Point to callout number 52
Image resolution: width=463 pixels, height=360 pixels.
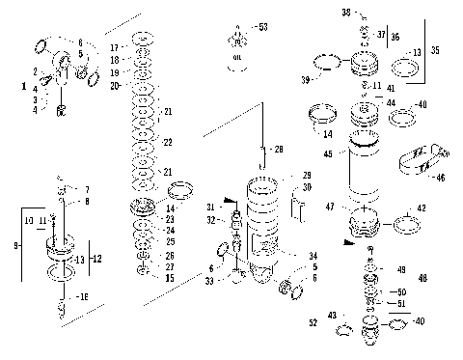pos(312,321)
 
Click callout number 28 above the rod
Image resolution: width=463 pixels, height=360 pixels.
pos(278,150)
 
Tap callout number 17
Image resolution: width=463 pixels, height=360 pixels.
pos(115,47)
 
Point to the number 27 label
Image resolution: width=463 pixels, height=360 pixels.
pos(170,267)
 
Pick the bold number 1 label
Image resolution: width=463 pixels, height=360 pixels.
pos(23,87)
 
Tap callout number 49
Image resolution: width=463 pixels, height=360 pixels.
pos(401,271)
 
